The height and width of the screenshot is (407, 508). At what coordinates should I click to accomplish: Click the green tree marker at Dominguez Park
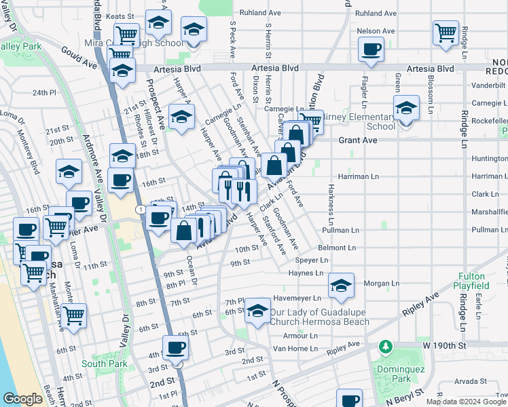(386, 348)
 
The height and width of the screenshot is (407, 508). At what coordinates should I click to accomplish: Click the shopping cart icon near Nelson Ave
(445, 33)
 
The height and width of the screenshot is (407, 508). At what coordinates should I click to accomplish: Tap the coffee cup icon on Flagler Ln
(371, 49)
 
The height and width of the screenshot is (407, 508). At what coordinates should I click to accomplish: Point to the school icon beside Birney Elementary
(406, 109)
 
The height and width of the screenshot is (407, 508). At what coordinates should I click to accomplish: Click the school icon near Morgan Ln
(341, 286)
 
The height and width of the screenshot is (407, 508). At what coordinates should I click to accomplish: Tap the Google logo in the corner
(22, 399)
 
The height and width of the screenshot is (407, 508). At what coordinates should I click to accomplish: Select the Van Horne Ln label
(295, 348)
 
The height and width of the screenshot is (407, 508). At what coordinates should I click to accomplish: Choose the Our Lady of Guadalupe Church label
(319, 317)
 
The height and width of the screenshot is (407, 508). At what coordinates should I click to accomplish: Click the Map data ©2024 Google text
(466, 402)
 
